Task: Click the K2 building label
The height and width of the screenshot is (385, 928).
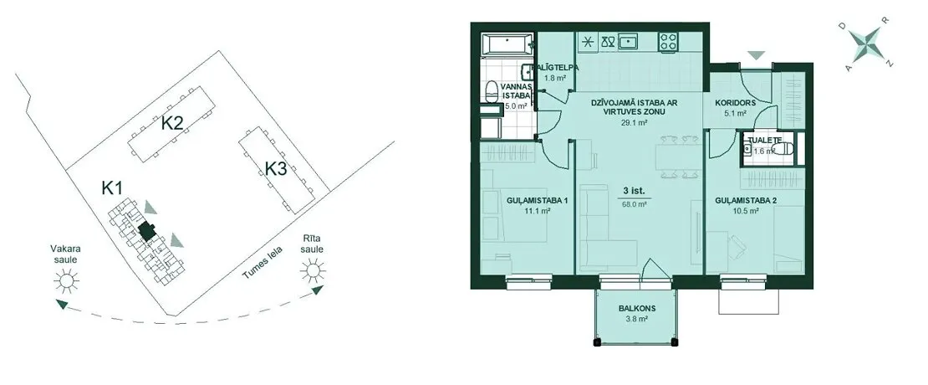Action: (172, 124)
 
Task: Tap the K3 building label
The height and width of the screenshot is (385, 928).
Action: (275, 169)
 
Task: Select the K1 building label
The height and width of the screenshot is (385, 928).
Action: (112, 188)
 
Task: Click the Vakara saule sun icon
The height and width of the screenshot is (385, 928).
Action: (66, 280)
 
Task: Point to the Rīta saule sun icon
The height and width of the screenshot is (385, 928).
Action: (313, 270)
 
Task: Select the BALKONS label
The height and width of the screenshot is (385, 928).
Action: (636, 309)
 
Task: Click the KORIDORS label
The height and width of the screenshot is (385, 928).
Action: (735, 102)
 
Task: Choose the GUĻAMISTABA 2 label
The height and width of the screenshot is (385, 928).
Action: (746, 201)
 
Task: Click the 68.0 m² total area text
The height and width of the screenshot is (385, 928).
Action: (634, 203)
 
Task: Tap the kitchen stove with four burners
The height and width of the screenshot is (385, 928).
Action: (669, 41)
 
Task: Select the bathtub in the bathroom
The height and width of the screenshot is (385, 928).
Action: (508, 44)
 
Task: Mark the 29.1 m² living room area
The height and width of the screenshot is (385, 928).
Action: (635, 122)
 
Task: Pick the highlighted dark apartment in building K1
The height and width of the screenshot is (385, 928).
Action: (145, 230)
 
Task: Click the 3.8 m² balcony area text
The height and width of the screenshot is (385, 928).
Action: (636, 319)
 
